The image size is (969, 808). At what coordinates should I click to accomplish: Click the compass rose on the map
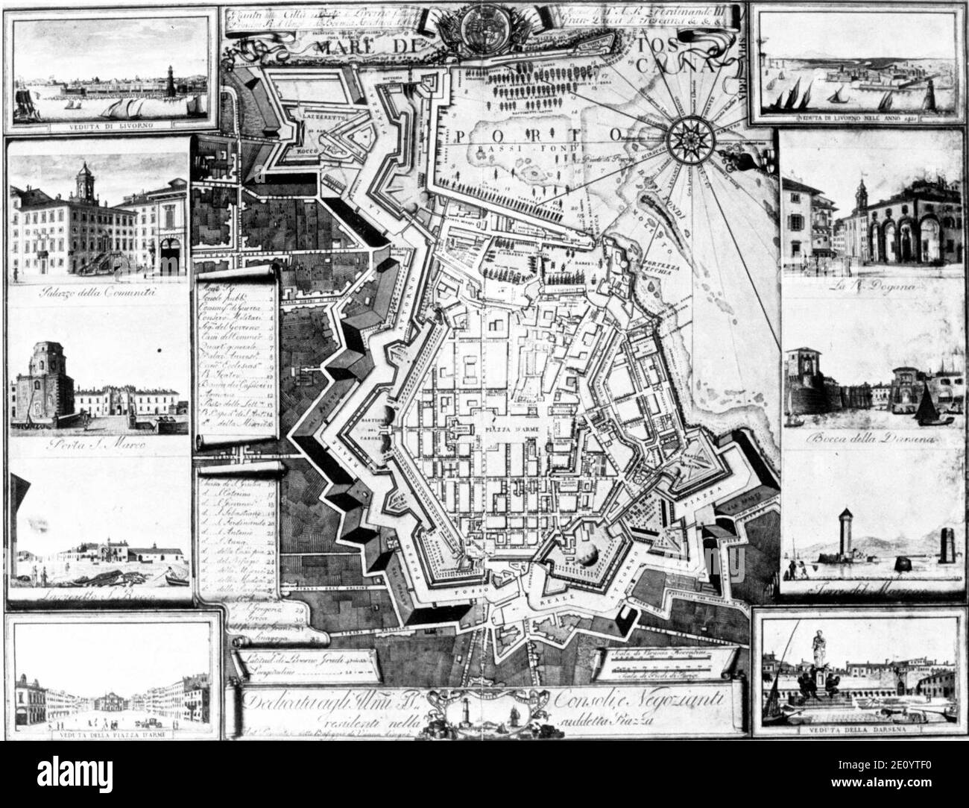pyautogui.click(x=686, y=137)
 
